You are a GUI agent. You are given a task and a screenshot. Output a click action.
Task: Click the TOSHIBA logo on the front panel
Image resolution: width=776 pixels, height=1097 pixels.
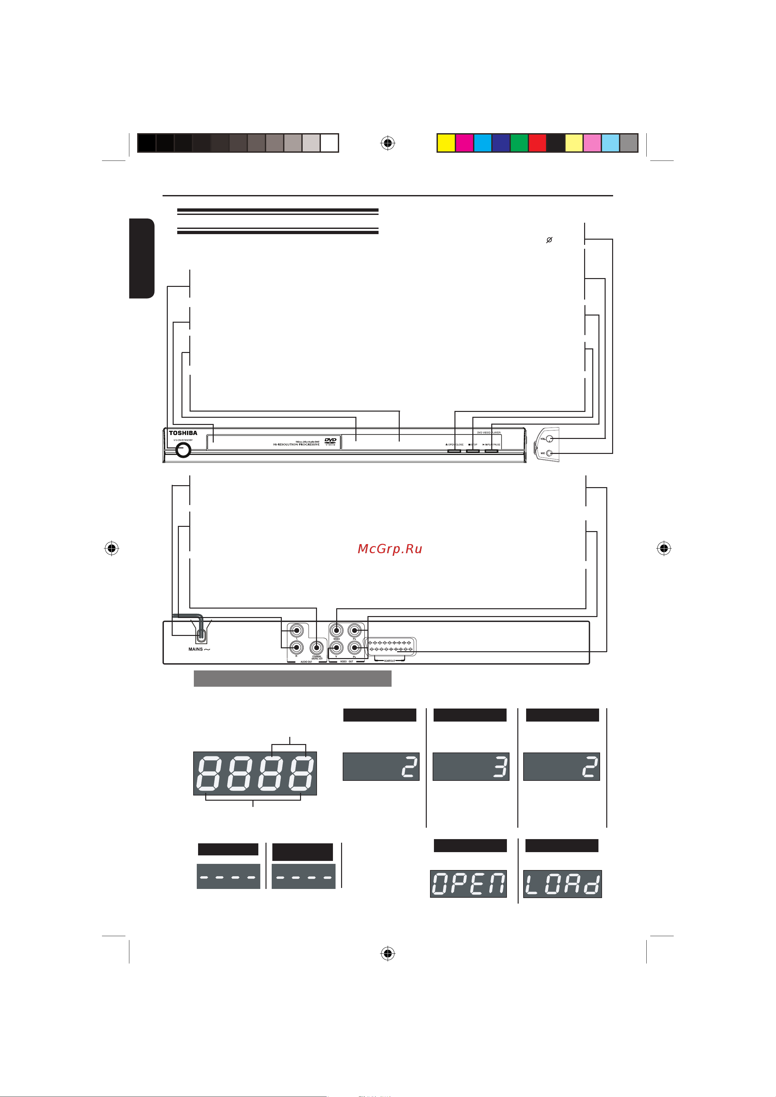[183, 433]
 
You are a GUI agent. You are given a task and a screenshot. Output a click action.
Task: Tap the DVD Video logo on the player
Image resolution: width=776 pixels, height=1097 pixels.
[330, 442]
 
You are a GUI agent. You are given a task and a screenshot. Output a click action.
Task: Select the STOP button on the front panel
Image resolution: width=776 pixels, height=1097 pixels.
[473, 450]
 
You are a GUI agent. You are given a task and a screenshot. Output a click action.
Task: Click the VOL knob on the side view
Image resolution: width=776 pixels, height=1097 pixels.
[550, 439]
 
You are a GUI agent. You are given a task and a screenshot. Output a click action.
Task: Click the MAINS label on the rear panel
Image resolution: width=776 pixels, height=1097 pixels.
[196, 649]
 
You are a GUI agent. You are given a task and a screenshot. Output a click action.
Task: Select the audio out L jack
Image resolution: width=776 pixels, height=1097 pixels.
[297, 631]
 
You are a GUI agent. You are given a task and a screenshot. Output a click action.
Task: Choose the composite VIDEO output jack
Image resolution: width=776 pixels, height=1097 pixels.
[337, 631]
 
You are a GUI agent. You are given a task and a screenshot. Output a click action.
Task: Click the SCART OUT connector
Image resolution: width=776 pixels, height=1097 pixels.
[390, 646]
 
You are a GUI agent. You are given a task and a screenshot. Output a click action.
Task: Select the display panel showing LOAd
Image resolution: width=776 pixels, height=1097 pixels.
[562, 884]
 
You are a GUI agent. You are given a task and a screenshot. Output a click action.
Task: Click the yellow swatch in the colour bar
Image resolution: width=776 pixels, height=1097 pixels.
[446, 143]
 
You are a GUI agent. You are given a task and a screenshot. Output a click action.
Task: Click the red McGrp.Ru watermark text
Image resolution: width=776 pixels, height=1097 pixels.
[390, 548]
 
